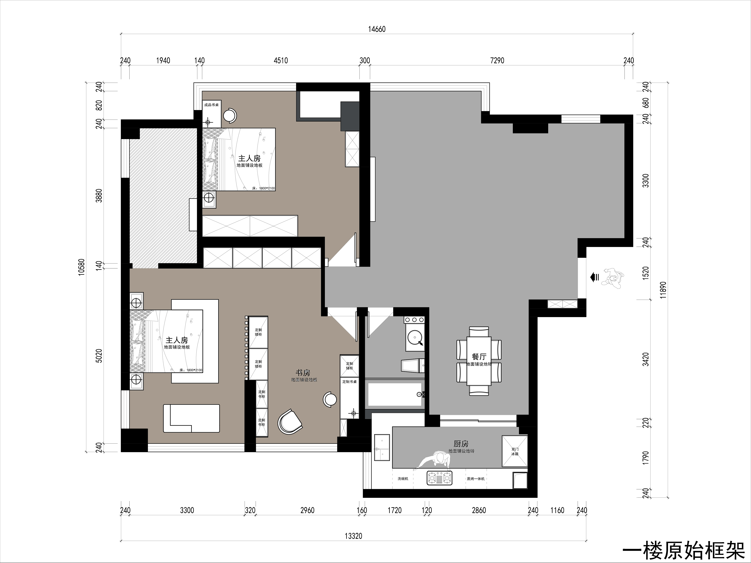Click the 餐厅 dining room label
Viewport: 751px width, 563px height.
click(x=479, y=356)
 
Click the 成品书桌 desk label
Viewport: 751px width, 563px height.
click(x=211, y=105)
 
